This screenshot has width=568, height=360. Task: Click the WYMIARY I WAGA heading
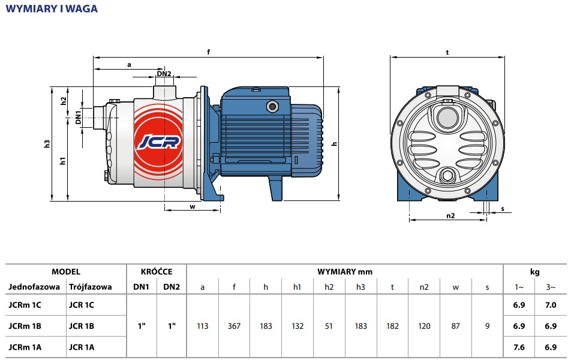click(x=52, y=9)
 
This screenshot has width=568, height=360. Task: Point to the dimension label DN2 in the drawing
click(x=164, y=74)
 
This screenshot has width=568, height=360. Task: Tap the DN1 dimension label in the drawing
click(x=79, y=118)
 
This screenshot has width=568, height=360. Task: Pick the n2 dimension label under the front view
click(x=450, y=215)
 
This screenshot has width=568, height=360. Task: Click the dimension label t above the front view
click(x=447, y=52)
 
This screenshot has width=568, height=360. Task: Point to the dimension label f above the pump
click(x=209, y=52)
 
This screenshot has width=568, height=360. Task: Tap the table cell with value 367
click(x=234, y=326)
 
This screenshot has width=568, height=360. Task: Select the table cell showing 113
click(x=203, y=326)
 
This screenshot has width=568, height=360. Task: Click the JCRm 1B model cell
click(x=26, y=326)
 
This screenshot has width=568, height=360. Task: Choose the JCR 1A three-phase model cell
click(x=82, y=347)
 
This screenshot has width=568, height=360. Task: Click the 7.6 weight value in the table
click(x=519, y=347)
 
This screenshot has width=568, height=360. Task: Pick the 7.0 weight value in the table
click(x=551, y=305)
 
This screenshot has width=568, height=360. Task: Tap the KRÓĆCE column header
click(x=156, y=272)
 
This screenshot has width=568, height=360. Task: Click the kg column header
click(x=535, y=272)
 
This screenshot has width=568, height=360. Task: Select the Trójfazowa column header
click(x=91, y=287)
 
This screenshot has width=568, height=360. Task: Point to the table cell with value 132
click(x=297, y=326)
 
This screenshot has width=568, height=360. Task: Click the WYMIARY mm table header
click(x=345, y=272)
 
